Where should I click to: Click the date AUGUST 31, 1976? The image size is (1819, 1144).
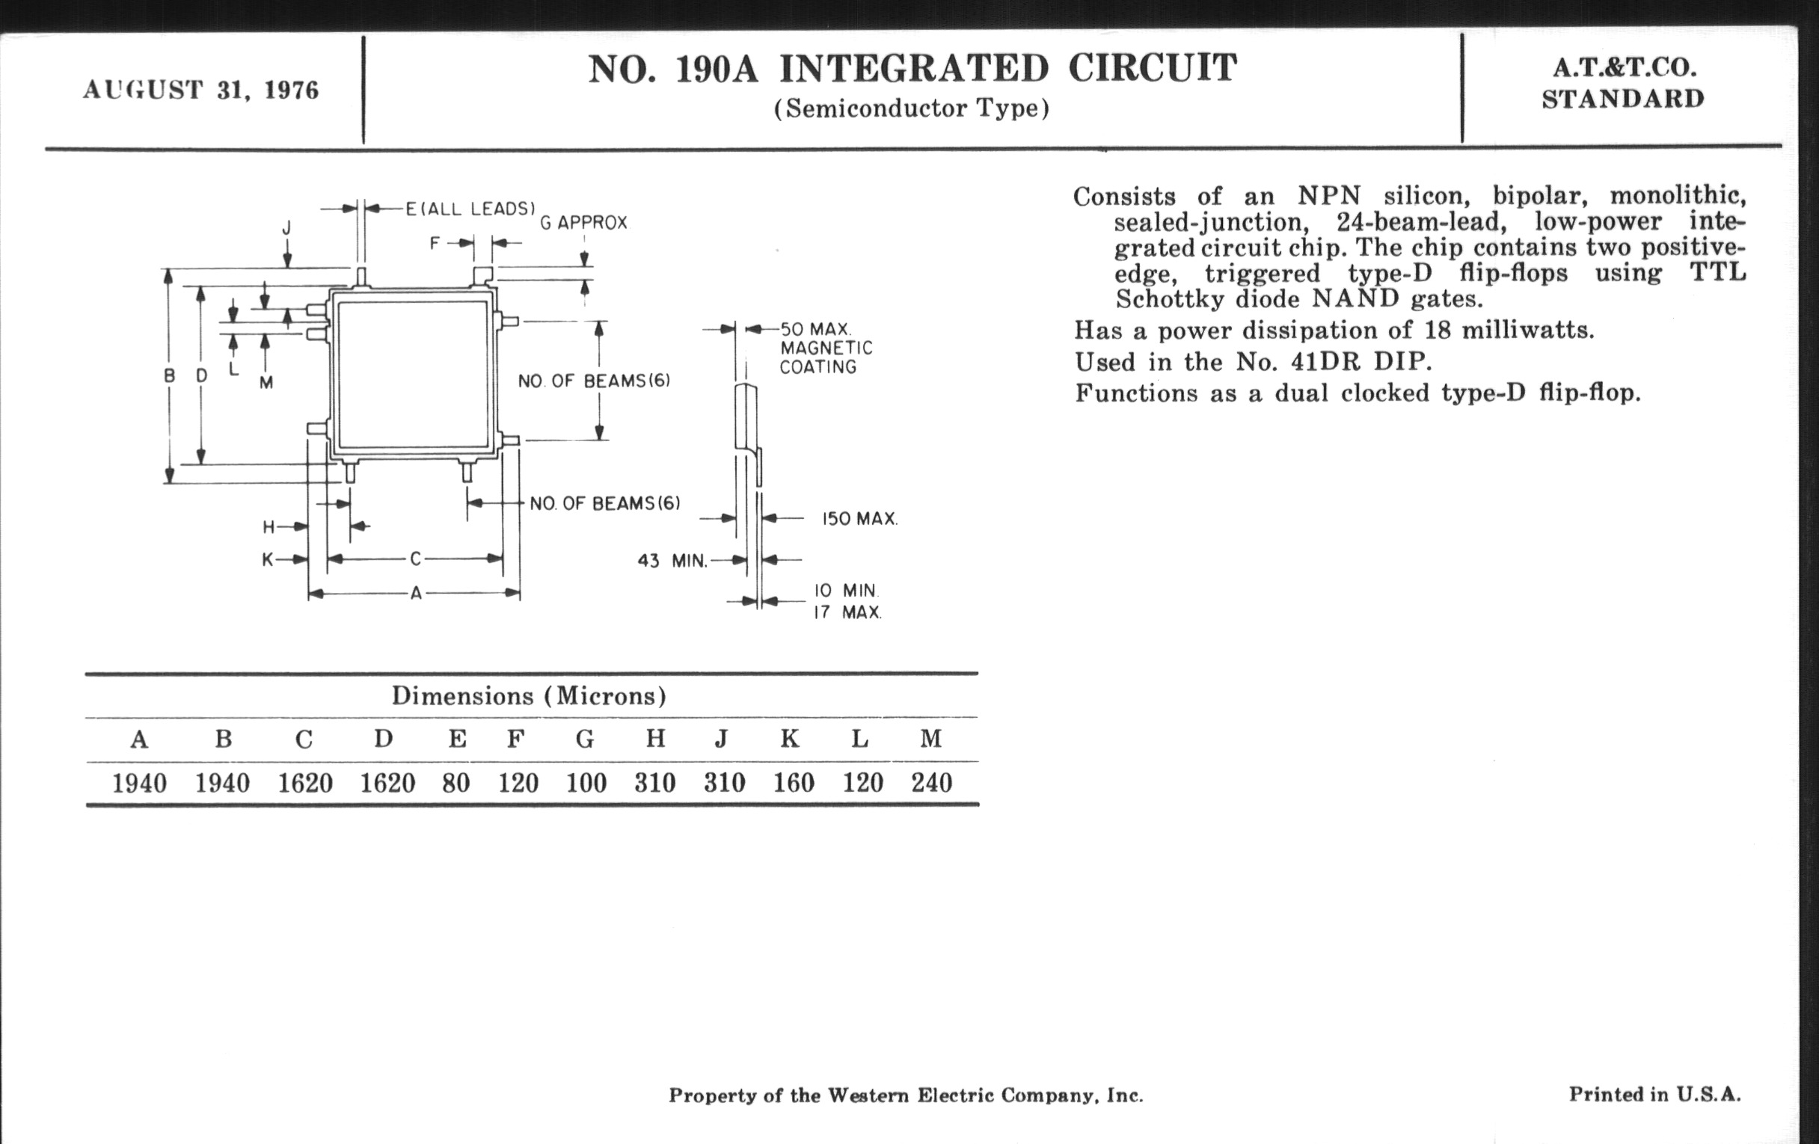tap(201, 90)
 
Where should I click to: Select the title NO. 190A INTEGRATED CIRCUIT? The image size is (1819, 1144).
tap(912, 69)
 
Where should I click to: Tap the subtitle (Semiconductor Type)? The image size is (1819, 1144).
tap(912, 108)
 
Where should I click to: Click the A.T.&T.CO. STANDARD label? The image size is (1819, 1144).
tap(1622, 83)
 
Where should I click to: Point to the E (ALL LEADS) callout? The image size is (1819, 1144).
tap(470, 209)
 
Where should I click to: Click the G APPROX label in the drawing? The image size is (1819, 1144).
tap(583, 223)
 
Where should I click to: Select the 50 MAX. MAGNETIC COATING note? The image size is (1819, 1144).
tap(826, 348)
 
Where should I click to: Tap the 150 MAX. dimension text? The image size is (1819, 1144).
tap(859, 520)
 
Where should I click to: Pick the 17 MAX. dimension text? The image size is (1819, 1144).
tap(847, 612)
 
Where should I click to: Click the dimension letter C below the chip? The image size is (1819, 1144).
tap(415, 559)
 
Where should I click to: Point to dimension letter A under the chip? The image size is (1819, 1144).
tap(415, 594)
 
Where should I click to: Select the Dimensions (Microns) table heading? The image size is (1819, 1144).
tap(529, 695)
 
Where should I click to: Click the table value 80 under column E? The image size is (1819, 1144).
tap(456, 783)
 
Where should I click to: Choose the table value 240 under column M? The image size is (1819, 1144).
tap(930, 783)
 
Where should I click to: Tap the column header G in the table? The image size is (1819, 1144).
tap(585, 739)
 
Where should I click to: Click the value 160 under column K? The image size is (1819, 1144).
tap(793, 783)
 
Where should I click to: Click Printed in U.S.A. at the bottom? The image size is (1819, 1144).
tap(1654, 1095)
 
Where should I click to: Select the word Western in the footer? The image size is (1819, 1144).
tap(868, 1095)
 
